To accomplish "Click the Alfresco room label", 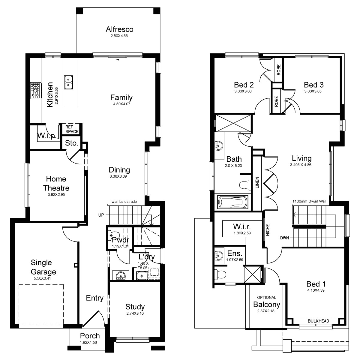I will click(119, 29).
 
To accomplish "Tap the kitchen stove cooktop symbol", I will click(35, 90).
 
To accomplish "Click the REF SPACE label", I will click(72, 129).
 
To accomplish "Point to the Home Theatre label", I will click(56, 184).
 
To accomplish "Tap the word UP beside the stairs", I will click(101, 215).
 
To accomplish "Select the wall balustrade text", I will click(124, 202).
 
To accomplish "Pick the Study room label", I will click(135, 307).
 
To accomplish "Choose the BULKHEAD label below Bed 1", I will click(318, 321).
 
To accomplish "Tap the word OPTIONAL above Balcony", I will click(266, 298).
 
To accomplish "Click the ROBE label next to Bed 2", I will click(278, 70).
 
